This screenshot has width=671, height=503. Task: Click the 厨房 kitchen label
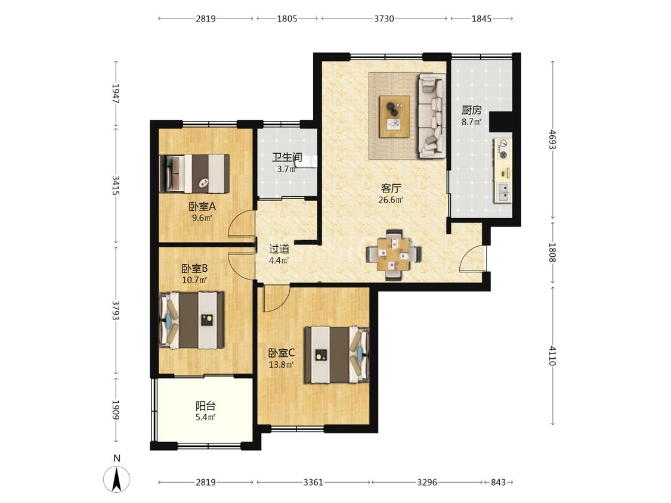[x=471, y=110]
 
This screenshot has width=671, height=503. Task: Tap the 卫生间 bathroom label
[x=287, y=157]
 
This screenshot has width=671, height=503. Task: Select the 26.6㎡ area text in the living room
[x=391, y=200]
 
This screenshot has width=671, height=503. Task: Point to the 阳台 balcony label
[x=205, y=406]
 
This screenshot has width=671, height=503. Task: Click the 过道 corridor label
[x=279, y=249]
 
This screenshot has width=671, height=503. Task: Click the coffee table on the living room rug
[x=394, y=117]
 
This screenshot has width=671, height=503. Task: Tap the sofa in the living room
[x=431, y=116]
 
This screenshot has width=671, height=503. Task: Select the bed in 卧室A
[x=194, y=173]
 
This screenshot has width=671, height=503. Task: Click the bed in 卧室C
[x=336, y=355]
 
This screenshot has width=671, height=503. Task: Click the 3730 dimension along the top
[x=384, y=18]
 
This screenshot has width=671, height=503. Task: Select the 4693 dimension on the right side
[x=552, y=139]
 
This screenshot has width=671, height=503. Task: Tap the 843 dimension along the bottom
[x=498, y=483]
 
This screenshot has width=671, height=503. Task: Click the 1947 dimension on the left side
[x=116, y=93]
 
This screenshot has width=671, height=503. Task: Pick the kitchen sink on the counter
[x=503, y=192]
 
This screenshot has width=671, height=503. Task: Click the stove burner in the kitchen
[x=503, y=149]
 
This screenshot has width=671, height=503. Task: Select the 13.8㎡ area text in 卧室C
[x=281, y=365]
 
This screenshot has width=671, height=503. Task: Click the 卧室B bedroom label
[x=194, y=269]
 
